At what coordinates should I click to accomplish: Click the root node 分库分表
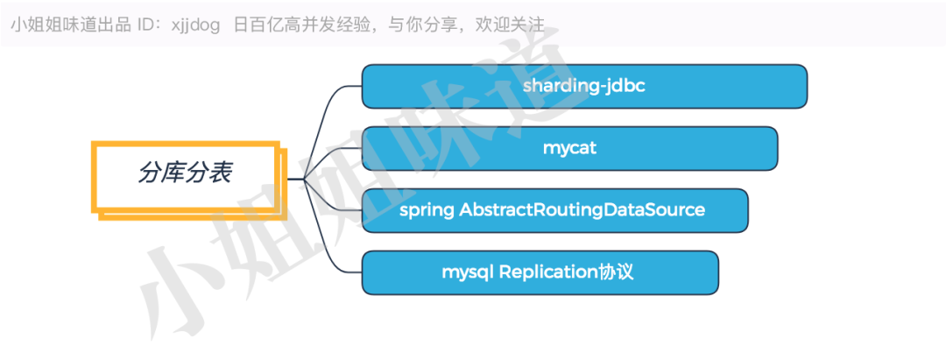click(x=185, y=173)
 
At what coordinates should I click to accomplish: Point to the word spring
click(x=427, y=211)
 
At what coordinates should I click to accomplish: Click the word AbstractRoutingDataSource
click(x=582, y=210)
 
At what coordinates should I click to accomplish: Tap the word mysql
click(x=468, y=272)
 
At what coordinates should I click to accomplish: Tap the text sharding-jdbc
click(x=583, y=87)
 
